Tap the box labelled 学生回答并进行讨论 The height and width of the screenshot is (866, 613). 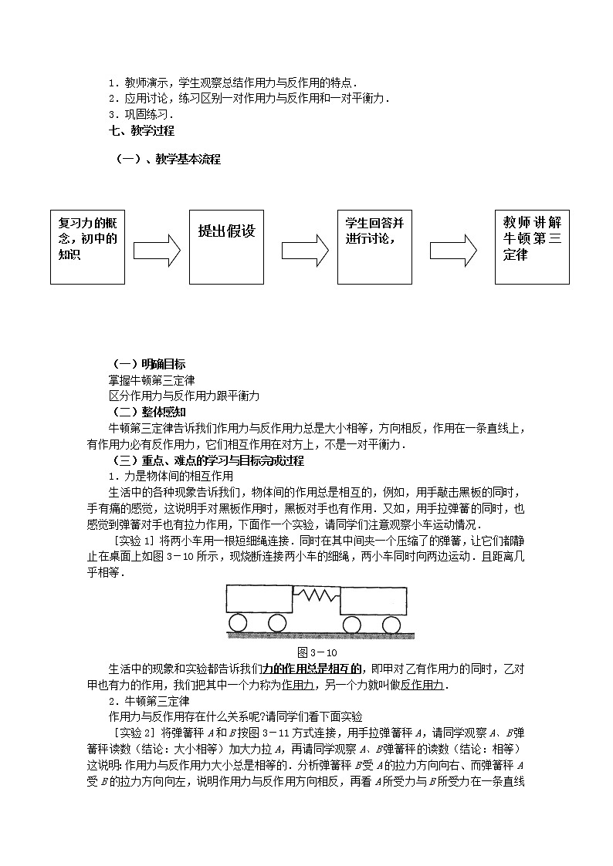(x=374, y=246)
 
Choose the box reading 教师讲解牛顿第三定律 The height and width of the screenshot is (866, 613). (x=532, y=246)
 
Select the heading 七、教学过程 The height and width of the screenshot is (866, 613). (x=141, y=131)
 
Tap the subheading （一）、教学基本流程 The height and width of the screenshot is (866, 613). (x=168, y=160)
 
